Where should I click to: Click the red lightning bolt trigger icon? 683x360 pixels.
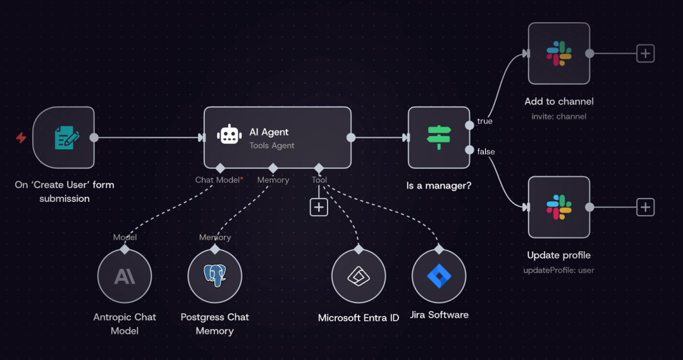coord(21,137)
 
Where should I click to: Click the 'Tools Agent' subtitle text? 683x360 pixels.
coord(272,146)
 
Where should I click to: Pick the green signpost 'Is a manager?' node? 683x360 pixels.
coord(439,137)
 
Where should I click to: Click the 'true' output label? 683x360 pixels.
coord(485,121)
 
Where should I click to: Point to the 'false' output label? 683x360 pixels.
coord(486,151)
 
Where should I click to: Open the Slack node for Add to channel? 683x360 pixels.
coord(559,53)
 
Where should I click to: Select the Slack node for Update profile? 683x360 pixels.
coord(559,207)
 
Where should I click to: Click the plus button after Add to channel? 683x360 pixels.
coord(645,53)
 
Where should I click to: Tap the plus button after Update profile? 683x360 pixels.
coord(645,207)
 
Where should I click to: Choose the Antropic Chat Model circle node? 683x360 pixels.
coord(125,276)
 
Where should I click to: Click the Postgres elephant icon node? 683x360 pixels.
coord(215,275)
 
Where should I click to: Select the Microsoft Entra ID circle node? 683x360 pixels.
coord(359,276)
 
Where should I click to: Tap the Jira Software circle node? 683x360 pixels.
coord(438,276)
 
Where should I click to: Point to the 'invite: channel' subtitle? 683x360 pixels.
coord(558,116)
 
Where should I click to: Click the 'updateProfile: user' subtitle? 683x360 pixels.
coord(558,270)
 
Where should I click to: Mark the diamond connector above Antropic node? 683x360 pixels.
coord(125,249)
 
